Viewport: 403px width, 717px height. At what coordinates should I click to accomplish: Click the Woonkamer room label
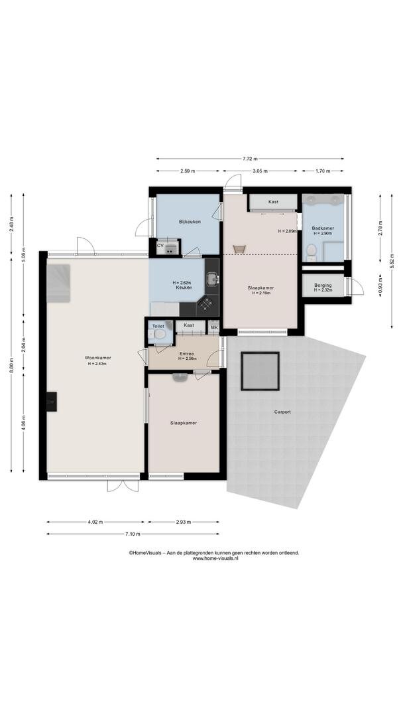pos(97,358)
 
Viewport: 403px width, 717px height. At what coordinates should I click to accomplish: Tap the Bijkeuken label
pos(190,222)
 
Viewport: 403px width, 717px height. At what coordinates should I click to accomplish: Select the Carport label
pos(282,412)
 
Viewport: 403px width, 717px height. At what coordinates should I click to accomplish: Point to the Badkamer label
pos(323,228)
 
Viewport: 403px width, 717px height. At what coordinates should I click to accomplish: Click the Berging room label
pos(323,285)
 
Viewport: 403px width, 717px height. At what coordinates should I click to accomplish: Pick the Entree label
pos(187,353)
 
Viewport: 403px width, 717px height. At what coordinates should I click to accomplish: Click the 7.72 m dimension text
pos(250,159)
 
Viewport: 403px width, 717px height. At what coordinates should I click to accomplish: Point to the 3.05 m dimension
pos(260,171)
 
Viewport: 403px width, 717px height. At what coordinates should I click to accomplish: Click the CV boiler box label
pos(160,246)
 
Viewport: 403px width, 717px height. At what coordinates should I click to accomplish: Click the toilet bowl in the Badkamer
pos(312,250)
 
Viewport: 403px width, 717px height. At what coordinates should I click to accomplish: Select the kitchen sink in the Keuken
pos(212,278)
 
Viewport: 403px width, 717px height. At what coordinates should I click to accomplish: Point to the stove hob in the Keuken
pos(207,302)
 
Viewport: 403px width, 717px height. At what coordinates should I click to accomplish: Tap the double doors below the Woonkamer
pos(123,485)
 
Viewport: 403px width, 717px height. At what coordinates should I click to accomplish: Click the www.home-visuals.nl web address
pos(215,558)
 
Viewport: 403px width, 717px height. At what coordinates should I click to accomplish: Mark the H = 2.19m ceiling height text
pos(260,293)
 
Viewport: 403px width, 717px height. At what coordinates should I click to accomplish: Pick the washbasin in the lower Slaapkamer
pos(179,377)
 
